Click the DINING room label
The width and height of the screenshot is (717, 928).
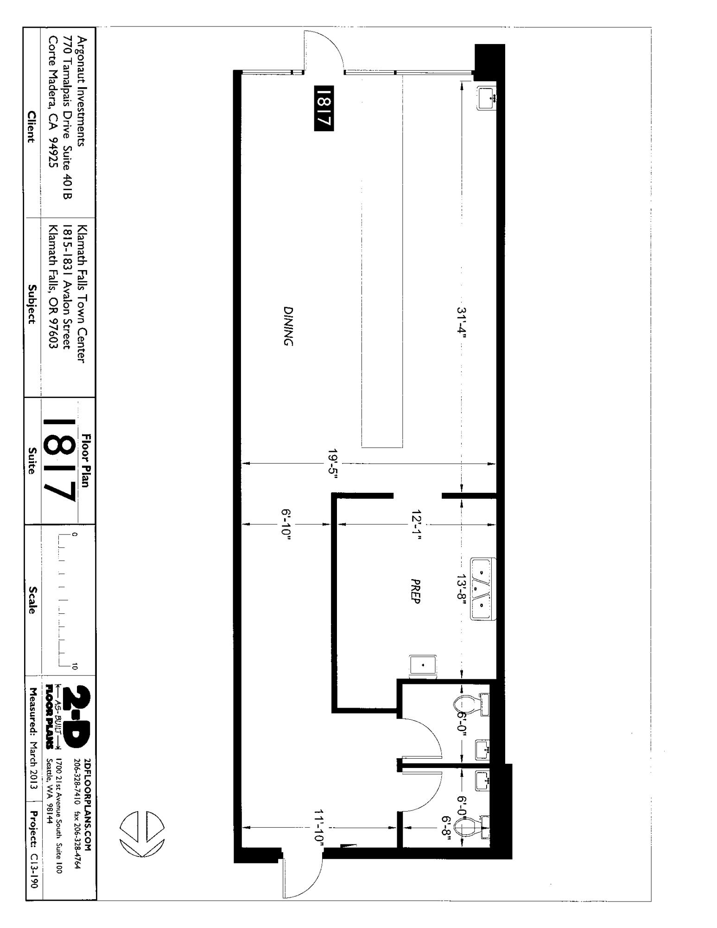pyautogui.click(x=288, y=326)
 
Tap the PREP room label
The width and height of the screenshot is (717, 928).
pyautogui.click(x=415, y=591)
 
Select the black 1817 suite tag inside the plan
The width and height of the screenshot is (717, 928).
pyautogui.click(x=324, y=108)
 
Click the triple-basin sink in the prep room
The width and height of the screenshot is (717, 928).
pyautogui.click(x=483, y=589)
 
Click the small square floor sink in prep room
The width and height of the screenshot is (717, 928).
pyautogui.click(x=423, y=665)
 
